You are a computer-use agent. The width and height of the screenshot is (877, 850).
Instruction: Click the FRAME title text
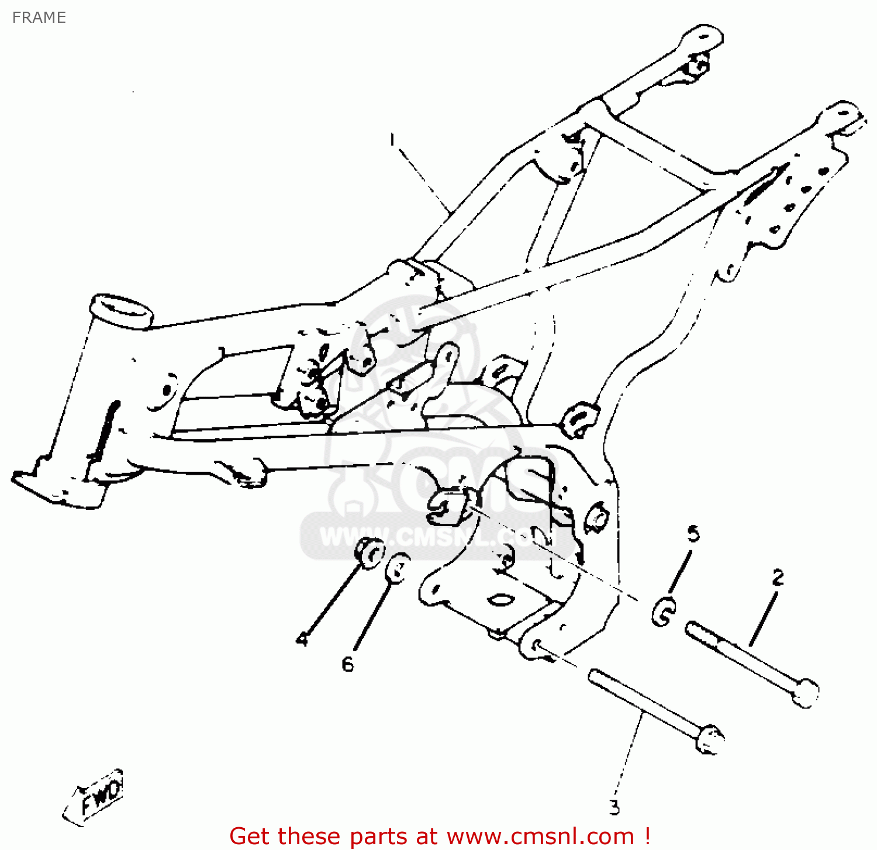[x=39, y=18]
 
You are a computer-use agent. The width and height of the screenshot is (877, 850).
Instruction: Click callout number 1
[x=393, y=140]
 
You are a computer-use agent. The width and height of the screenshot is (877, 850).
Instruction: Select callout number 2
[x=778, y=578]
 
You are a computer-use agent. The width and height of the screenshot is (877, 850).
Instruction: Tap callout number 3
[x=614, y=807]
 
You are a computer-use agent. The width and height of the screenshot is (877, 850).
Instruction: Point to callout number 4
[x=302, y=639]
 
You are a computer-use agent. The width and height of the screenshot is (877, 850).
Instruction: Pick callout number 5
[x=693, y=533]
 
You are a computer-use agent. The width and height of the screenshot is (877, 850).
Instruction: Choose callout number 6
[x=348, y=664]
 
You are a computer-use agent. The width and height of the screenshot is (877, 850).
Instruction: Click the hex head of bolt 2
[x=807, y=692]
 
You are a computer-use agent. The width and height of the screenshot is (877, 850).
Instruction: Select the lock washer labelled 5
[x=664, y=612]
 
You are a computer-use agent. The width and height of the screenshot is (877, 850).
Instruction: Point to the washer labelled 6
[x=398, y=567]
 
